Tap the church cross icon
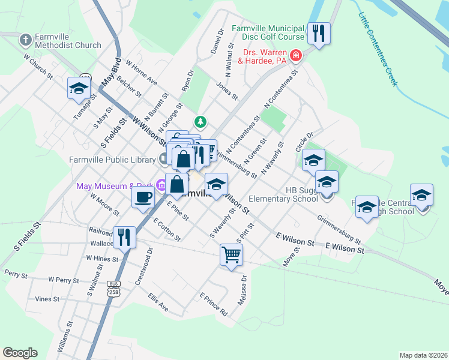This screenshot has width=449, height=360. pos(25,40)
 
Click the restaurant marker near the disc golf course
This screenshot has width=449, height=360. pos(318,33)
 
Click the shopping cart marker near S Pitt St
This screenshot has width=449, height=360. pos(231,254)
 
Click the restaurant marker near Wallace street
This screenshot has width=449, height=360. pos(124,237)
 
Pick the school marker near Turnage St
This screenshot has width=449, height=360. pos(79,88)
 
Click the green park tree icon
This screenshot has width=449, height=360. pos(200,122)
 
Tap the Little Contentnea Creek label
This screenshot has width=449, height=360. pos(379,49)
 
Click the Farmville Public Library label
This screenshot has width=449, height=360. pos(112,159)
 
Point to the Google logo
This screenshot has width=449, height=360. pos(20,353)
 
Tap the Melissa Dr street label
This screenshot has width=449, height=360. pos(242,290)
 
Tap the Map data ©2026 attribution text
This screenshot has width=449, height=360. pos(423,355)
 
